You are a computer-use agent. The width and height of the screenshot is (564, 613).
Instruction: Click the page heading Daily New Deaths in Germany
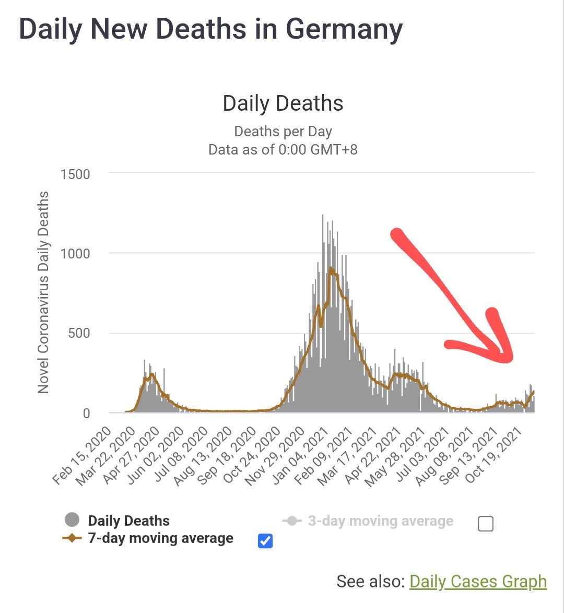click(x=211, y=29)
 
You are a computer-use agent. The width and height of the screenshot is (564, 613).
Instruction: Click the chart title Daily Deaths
click(x=283, y=103)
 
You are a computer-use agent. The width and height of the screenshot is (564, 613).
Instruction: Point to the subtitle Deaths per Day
click(x=283, y=132)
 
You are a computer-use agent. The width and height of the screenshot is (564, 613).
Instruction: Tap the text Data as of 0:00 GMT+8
click(x=283, y=149)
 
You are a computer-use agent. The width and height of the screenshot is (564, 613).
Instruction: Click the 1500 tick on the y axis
click(x=75, y=174)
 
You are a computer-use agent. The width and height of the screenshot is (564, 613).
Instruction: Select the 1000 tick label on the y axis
click(x=75, y=254)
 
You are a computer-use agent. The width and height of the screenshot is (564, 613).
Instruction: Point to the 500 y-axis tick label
click(x=79, y=334)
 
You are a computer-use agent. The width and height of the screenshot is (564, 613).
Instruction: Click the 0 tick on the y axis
click(x=87, y=413)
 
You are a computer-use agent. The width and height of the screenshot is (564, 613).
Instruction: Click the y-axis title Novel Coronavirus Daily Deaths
click(x=43, y=292)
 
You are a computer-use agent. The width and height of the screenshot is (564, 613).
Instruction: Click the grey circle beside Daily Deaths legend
click(x=72, y=520)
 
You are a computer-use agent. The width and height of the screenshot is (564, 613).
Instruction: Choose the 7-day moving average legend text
click(x=161, y=538)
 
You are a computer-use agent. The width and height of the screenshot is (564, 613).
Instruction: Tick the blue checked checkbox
click(x=265, y=540)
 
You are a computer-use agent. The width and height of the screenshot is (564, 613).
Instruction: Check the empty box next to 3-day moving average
click(x=485, y=524)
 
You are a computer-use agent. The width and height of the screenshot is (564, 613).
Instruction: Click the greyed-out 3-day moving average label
click(x=381, y=521)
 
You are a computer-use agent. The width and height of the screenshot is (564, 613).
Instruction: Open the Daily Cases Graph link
click(x=478, y=581)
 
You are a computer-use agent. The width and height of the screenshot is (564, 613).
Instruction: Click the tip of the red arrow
click(x=509, y=359)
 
